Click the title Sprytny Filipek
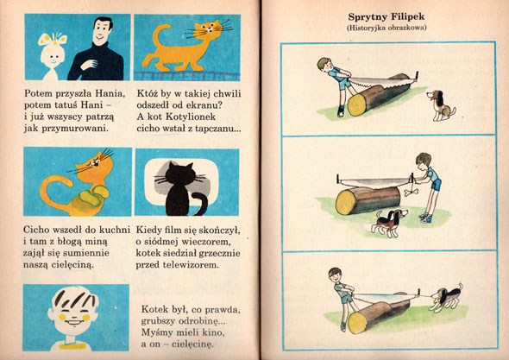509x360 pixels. pos(386,17)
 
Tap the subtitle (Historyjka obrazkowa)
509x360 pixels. pos(386,28)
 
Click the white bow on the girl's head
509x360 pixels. pos(53,39)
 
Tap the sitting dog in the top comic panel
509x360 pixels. pos(441,105)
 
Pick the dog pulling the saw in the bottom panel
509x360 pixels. pos(447,298)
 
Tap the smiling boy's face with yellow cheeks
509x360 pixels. pos(73,313)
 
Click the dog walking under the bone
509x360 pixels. pos(390,222)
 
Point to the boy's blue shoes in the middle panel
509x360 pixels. pos(425,218)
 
